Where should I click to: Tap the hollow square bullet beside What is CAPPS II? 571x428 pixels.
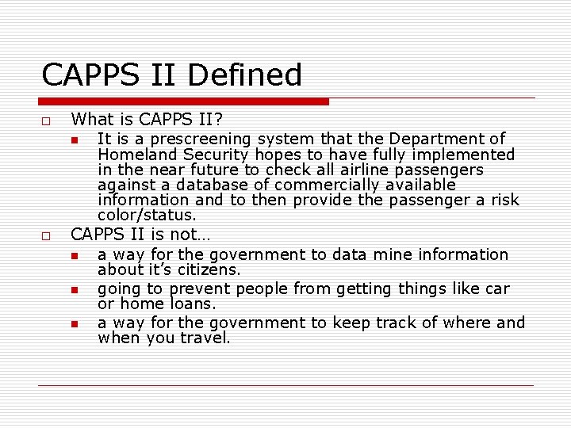tap(46, 120)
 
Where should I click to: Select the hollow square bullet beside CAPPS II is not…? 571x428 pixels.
tap(46, 235)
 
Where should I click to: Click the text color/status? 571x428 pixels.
tap(147, 215)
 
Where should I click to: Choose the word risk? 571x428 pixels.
tap(504, 200)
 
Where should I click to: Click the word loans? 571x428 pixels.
tap(191, 304)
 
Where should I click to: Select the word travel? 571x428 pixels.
tap(204, 338)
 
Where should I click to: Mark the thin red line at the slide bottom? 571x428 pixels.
tap(285, 385)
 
